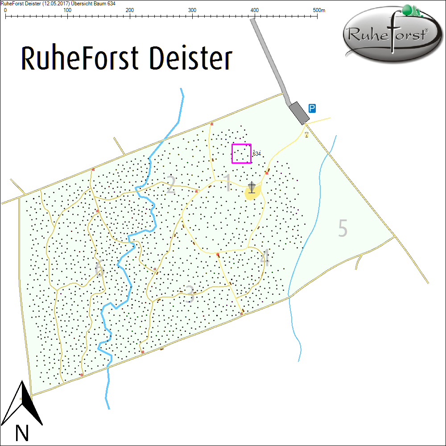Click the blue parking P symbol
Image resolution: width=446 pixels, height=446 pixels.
(313, 108)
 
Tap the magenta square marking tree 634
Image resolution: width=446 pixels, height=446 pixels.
(241, 153)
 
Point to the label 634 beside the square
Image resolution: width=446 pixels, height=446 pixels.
(256, 153)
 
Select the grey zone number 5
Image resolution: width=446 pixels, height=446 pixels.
(343, 228)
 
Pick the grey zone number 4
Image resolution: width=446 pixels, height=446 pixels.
(265, 259)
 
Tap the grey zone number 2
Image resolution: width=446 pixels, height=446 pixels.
(170, 186)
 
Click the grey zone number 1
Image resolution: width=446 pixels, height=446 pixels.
(227, 183)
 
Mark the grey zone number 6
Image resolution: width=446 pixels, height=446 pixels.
(99, 269)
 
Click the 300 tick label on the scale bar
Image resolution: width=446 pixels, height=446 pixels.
(192, 10)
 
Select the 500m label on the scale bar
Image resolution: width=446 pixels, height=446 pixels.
(319, 10)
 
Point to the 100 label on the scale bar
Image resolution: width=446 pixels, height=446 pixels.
(67, 10)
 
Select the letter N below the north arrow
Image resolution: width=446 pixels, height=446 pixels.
(22, 433)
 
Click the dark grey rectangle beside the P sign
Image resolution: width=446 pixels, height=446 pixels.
(299, 112)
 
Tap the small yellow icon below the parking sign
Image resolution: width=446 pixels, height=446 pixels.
(306, 134)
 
